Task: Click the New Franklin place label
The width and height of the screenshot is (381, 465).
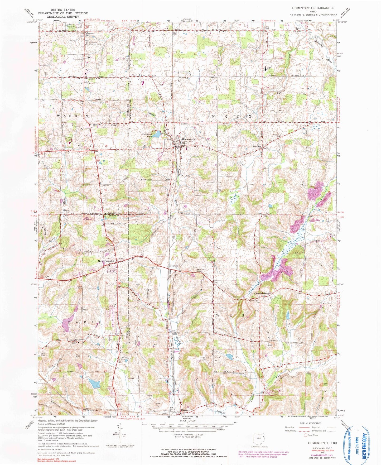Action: coord(106,261)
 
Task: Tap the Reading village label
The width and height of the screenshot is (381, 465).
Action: coord(257,146)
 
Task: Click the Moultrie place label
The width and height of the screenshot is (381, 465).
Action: coord(174,266)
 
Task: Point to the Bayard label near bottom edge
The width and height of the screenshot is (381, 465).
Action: coord(185,410)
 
